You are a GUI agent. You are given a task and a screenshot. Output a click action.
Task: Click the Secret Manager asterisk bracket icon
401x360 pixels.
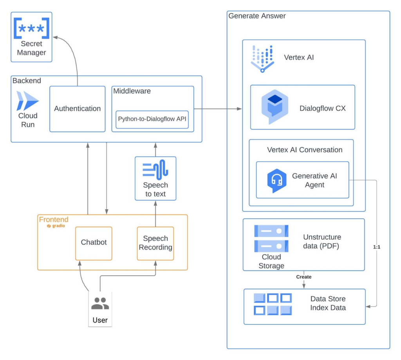[x=32, y=28]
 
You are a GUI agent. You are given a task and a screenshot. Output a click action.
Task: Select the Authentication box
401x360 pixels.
[x=78, y=109]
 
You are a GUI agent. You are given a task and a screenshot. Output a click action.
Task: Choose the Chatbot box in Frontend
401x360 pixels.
[x=94, y=243]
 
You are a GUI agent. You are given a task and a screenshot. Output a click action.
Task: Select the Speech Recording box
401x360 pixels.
[x=155, y=243]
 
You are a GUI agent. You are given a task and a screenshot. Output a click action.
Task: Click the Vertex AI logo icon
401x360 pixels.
[x=262, y=58]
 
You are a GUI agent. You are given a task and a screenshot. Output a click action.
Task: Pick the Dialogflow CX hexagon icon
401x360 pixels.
[x=275, y=107]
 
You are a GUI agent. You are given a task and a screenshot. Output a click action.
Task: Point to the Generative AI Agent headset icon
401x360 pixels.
[x=277, y=181]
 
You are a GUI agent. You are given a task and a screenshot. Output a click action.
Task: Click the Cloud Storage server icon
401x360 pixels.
[x=271, y=238]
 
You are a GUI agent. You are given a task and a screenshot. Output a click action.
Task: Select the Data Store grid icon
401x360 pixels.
[x=273, y=304]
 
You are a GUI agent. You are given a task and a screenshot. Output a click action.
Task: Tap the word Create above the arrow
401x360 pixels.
[x=304, y=277]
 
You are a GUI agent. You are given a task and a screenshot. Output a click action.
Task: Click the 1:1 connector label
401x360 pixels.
[x=376, y=247]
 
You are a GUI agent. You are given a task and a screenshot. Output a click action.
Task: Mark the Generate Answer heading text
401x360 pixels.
[x=257, y=16]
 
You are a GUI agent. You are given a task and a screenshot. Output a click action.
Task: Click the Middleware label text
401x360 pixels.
[x=132, y=91]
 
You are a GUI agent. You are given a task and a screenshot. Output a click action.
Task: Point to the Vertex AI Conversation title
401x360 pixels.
[x=305, y=150]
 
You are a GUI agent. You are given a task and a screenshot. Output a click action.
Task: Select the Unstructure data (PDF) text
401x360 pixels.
[x=322, y=241]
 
